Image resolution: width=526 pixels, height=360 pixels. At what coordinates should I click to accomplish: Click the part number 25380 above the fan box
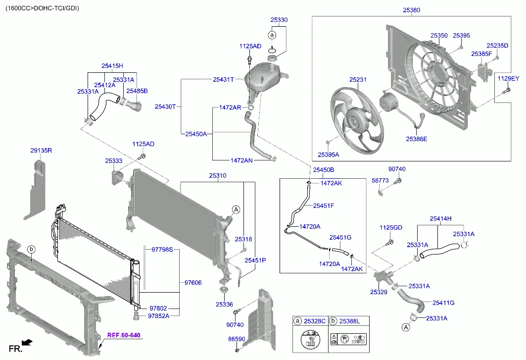411,9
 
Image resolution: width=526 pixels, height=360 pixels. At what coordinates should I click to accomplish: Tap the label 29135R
41,150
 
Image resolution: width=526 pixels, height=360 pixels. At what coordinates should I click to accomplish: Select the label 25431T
223,79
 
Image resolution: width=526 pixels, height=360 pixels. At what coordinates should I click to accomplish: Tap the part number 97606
192,283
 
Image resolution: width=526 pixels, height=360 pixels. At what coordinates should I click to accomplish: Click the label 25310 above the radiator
217,176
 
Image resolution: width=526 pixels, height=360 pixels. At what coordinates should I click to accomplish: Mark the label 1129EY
508,79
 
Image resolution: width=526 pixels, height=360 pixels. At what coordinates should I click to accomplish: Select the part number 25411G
443,303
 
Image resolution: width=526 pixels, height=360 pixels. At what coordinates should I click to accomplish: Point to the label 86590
236,339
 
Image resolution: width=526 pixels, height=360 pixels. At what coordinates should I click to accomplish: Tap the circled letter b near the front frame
31,249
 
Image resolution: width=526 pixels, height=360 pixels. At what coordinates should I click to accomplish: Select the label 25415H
112,66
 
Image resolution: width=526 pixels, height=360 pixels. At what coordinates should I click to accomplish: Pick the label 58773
380,181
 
